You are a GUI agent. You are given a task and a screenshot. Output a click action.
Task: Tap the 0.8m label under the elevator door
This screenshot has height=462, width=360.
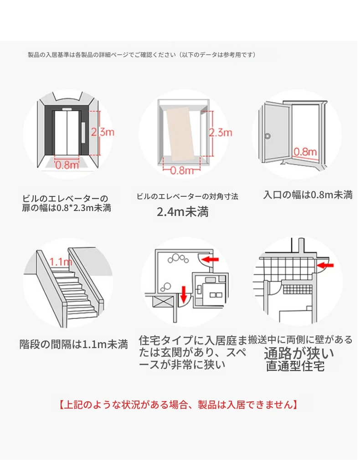67,165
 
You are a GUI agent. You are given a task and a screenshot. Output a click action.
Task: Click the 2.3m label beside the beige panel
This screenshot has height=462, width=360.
220,133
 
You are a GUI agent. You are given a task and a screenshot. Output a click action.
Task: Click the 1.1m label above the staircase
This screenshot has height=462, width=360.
61,262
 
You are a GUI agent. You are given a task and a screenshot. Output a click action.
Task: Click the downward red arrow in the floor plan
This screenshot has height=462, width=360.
183,294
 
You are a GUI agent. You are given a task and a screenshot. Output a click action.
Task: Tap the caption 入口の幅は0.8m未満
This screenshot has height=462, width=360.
308,195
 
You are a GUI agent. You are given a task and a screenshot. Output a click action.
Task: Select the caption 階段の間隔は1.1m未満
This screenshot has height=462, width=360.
73,344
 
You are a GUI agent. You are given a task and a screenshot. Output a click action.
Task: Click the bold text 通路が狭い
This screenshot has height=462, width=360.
299,353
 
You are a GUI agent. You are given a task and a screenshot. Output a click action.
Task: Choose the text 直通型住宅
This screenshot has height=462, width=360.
295,366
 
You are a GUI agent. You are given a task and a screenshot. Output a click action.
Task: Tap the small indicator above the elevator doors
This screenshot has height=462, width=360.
67,109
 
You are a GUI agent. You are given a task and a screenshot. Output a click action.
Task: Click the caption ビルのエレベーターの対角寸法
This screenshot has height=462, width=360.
187,196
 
